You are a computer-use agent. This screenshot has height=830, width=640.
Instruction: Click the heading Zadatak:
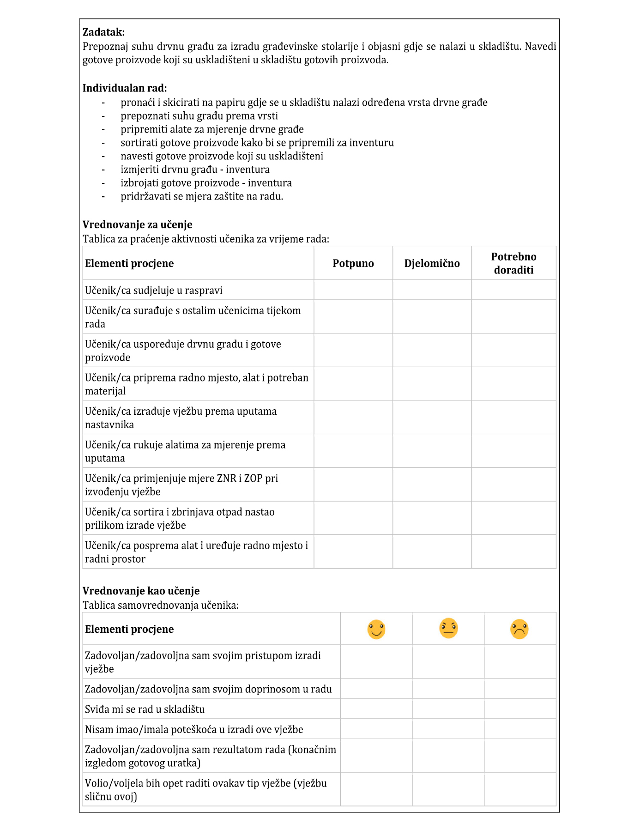pos(103,32)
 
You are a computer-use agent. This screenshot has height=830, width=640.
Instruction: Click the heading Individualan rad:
pos(125,88)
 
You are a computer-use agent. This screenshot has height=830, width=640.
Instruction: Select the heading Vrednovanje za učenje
pos(137,225)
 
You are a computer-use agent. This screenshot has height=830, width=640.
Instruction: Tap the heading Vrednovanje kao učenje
pos(141,591)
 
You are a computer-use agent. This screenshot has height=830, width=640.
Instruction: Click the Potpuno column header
pos(353,264)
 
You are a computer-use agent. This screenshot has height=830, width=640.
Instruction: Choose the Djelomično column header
pos(432,264)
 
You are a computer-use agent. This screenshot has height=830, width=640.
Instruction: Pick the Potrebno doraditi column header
pos(513,263)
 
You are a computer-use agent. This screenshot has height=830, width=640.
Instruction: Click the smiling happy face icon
pos(376,630)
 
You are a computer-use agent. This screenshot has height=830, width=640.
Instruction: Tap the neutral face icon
pos(448,629)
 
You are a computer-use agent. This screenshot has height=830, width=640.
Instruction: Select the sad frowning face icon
pos(519,630)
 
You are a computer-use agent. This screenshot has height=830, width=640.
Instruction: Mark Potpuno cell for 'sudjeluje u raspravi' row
pos(353,290)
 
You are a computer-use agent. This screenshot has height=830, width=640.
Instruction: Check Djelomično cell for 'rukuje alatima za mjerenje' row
pos(432,451)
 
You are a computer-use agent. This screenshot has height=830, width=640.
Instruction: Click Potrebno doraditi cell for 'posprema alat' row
pos(513,552)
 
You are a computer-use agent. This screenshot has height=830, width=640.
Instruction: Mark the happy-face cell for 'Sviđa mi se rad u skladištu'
pos(376,709)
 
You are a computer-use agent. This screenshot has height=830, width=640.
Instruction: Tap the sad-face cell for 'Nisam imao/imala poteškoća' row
pos(519,729)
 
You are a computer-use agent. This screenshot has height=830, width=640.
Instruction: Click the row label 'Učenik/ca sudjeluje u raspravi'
pos(154,291)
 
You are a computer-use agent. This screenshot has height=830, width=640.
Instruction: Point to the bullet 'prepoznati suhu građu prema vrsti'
pos(199,116)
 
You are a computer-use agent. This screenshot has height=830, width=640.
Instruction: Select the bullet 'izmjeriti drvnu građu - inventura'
pos(195,170)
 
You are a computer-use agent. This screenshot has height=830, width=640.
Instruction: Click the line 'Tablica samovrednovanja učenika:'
pos(161,605)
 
